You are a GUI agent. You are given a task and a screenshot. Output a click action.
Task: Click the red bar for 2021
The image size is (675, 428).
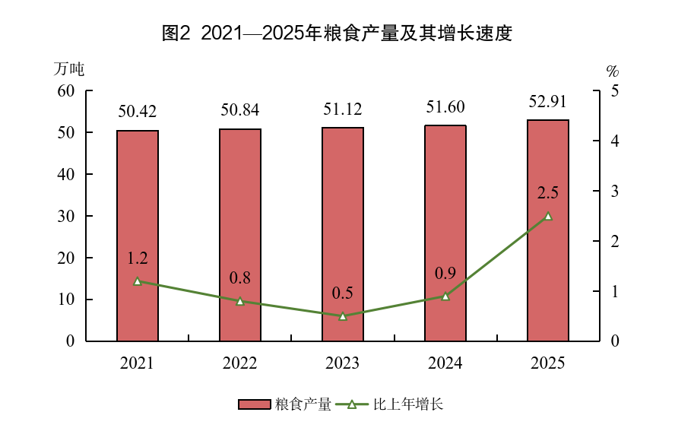tap(138, 236)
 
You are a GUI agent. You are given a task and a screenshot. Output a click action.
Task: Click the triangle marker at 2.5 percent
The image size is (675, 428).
tap(548, 216)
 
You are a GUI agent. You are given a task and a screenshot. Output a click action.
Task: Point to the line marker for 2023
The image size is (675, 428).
tap(343, 316)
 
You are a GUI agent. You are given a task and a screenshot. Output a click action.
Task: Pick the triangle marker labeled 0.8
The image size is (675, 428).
tap(240, 301)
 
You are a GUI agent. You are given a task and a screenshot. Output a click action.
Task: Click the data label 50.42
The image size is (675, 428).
tap(138, 112)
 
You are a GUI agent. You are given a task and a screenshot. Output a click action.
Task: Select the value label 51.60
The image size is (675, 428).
tap(445, 106)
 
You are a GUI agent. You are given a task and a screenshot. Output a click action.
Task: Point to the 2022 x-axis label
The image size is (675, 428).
tap(240, 363)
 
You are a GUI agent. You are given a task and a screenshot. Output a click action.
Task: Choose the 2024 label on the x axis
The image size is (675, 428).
tap(445, 363)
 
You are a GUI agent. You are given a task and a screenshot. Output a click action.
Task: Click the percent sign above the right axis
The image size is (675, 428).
tap(613, 71)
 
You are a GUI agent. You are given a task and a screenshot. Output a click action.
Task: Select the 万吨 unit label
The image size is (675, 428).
tap(68, 68)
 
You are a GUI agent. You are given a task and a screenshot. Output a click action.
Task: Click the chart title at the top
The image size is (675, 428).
tap(337, 33)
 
